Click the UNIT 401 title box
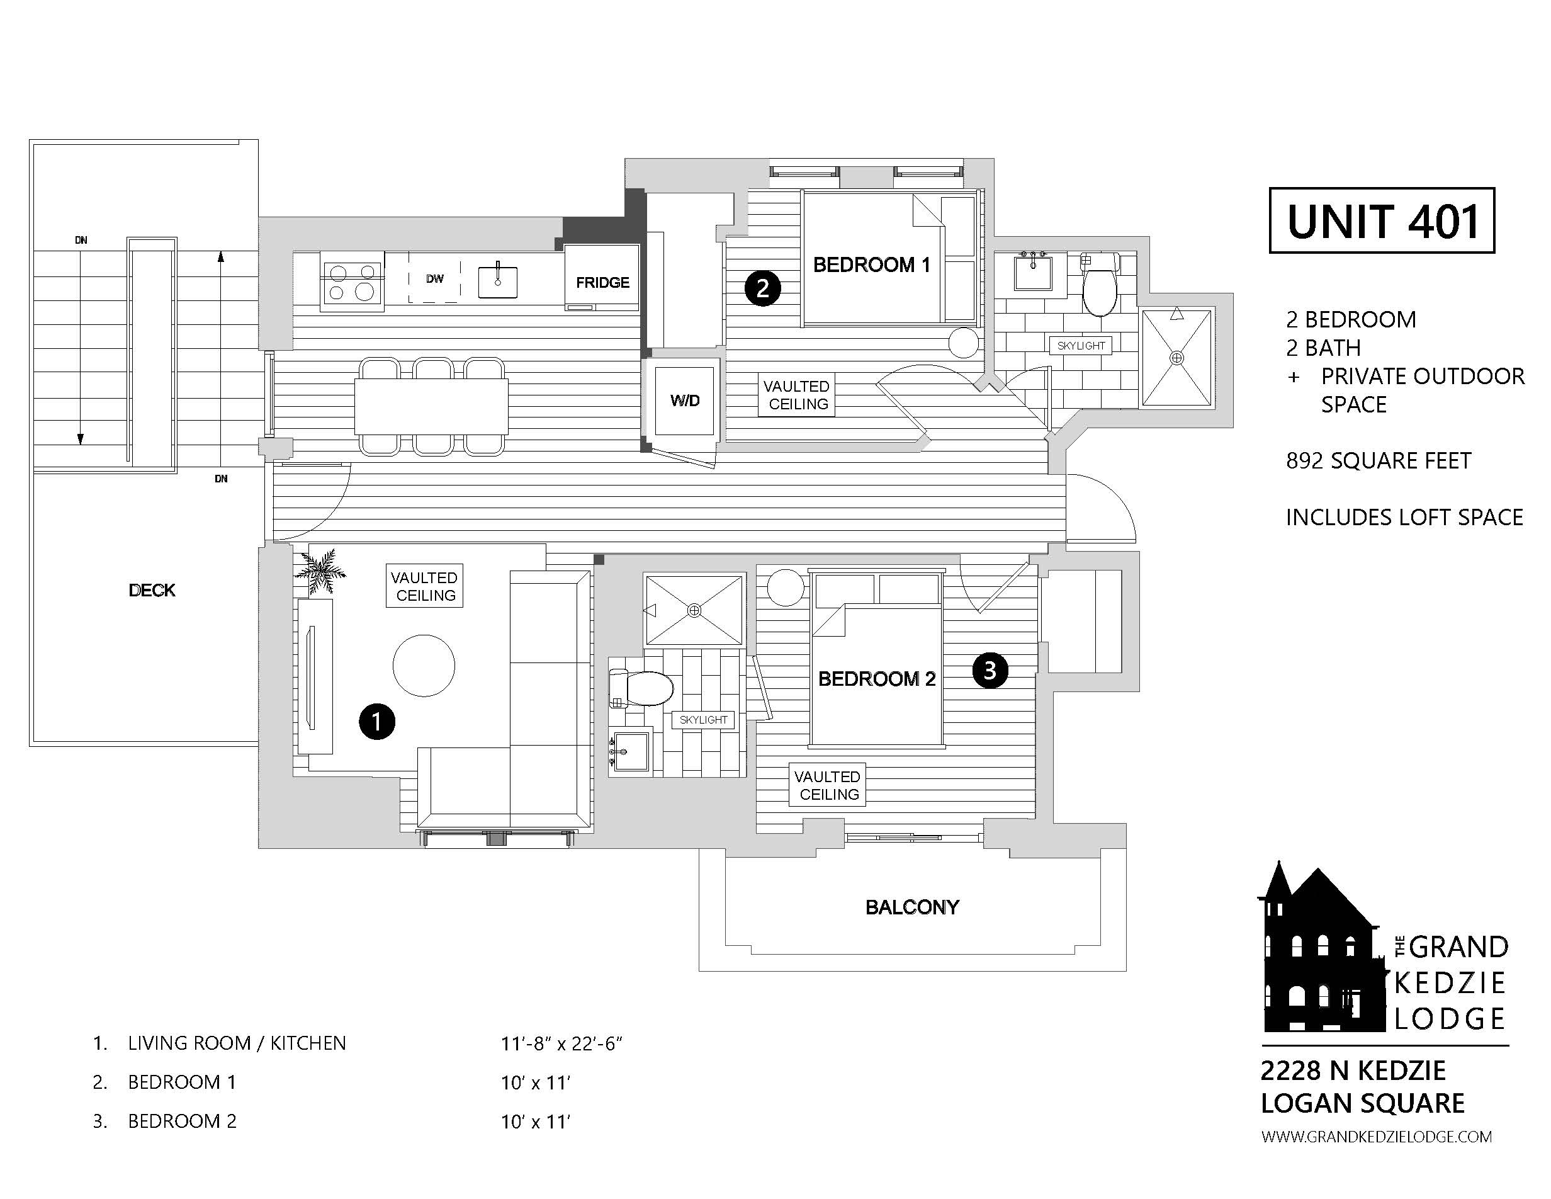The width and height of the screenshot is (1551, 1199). pyautogui.click(x=1381, y=221)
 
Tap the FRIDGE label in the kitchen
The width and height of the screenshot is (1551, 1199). pyautogui.click(x=602, y=283)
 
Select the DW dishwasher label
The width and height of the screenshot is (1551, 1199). pyautogui.click(x=434, y=279)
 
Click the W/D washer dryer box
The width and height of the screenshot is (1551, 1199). pyautogui.click(x=685, y=401)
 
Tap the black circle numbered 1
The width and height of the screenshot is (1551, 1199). pyautogui.click(x=376, y=722)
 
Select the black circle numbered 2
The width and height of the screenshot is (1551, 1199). pyautogui.click(x=762, y=288)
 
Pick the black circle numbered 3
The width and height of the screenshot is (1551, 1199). pyautogui.click(x=990, y=671)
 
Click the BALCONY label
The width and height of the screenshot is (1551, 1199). pyautogui.click(x=912, y=907)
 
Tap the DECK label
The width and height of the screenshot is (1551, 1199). pyautogui.click(x=152, y=590)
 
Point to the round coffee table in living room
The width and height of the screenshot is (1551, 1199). pyautogui.click(x=424, y=666)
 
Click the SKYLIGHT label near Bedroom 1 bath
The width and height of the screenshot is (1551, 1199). pyautogui.click(x=1081, y=346)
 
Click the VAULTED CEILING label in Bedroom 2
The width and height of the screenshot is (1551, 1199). pyautogui.click(x=827, y=785)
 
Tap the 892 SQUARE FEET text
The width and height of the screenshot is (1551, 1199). pyautogui.click(x=1378, y=461)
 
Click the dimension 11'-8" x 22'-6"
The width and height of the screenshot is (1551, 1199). pyautogui.click(x=561, y=1043)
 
